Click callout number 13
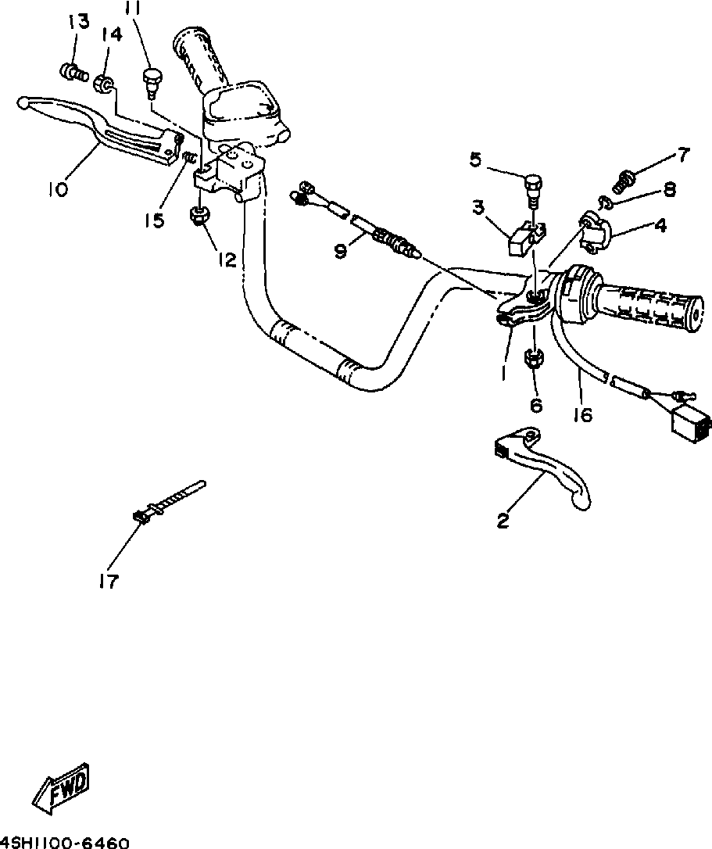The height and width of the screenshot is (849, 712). click(x=78, y=22)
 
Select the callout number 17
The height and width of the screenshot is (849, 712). click(x=110, y=581)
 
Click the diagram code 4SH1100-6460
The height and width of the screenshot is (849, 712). click(x=64, y=843)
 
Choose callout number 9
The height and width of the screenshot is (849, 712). click(x=340, y=250)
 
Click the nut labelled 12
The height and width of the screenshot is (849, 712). click(x=199, y=214)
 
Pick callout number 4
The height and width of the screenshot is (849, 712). click(x=660, y=227)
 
